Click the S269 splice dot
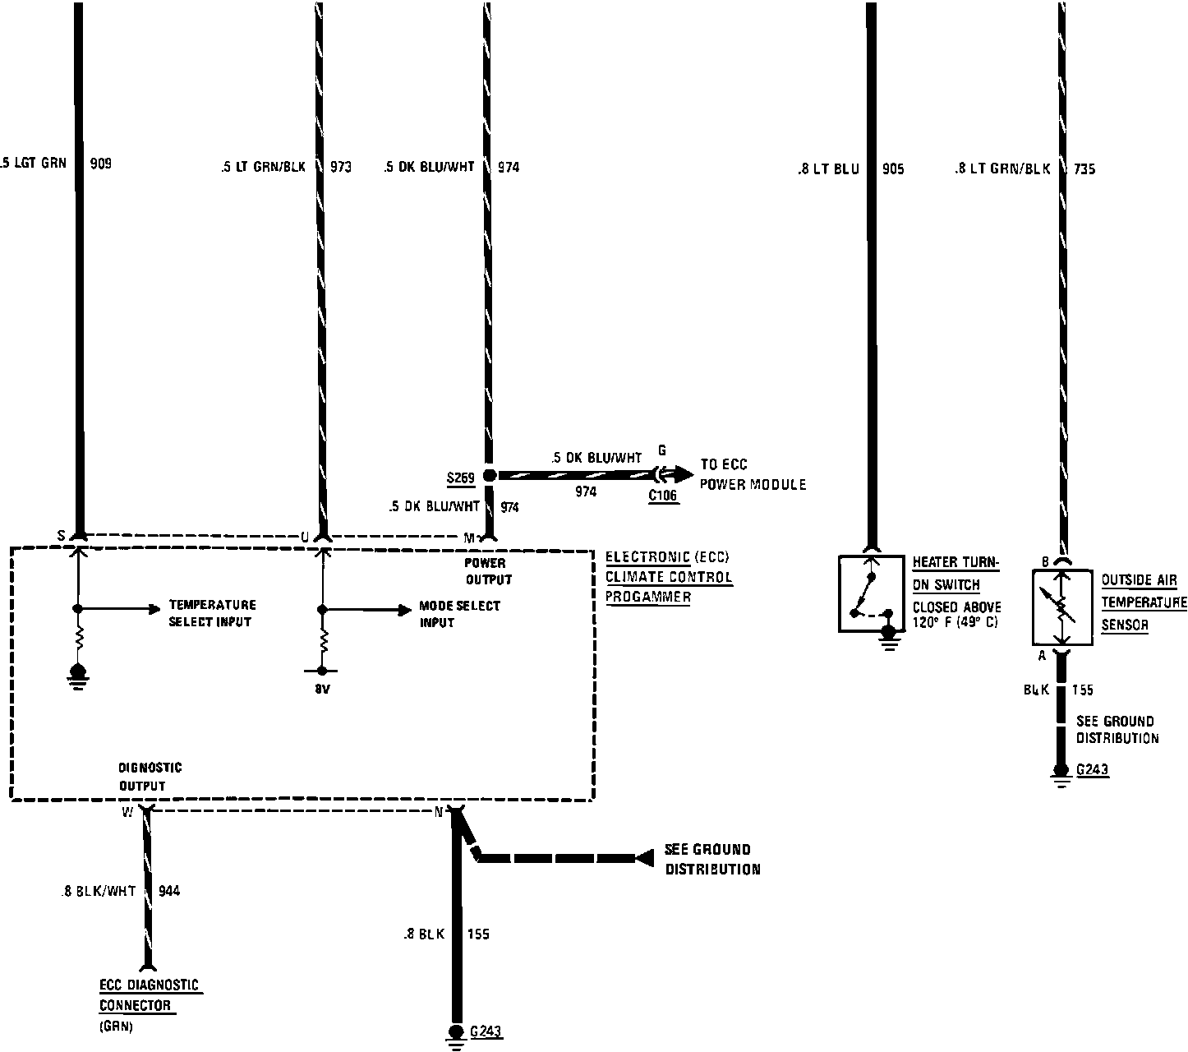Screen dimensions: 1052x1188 click(x=489, y=476)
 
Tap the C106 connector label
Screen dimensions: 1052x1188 click(x=664, y=496)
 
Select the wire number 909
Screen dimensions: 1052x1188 click(x=100, y=164)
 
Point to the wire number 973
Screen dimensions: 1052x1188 click(x=340, y=167)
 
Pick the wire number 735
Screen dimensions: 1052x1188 click(x=1084, y=169)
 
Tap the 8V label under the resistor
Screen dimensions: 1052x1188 click(x=322, y=690)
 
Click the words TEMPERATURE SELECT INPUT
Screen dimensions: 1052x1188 click(x=212, y=613)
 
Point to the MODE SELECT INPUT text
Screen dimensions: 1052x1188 click(x=459, y=614)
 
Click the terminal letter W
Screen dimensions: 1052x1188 click(x=127, y=813)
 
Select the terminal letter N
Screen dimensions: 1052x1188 click(x=439, y=813)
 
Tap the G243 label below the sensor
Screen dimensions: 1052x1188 click(x=1093, y=770)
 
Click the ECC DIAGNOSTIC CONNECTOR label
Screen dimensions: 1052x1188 click(x=149, y=995)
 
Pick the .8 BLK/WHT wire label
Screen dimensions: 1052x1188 click(x=99, y=891)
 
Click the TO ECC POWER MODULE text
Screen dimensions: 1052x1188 click(x=753, y=475)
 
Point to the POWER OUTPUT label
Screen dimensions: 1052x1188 click(x=488, y=571)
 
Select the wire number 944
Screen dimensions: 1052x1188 click(x=169, y=891)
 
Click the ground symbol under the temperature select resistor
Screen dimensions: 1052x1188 click(x=78, y=675)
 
